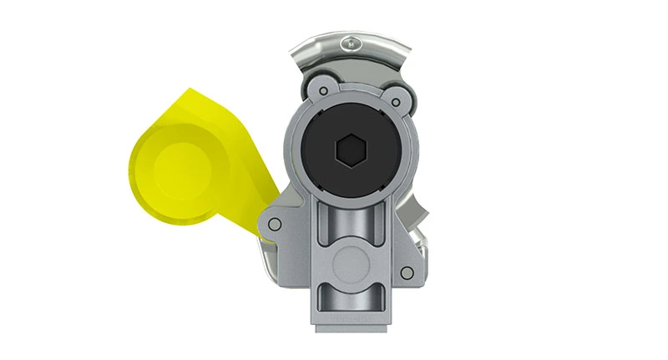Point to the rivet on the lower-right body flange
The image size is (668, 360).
pyautogui.click(x=405, y=272)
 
